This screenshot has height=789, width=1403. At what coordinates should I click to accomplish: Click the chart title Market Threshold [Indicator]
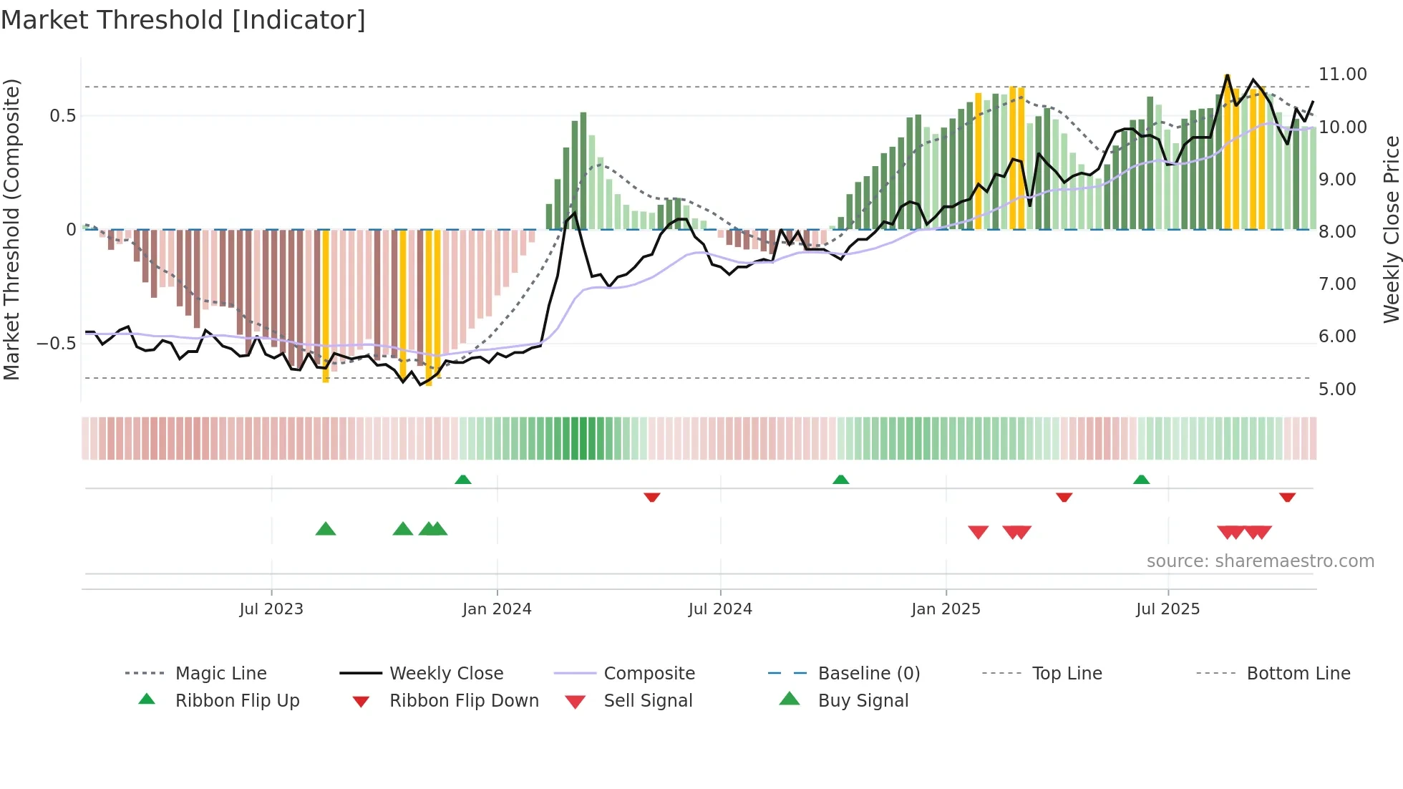(x=183, y=20)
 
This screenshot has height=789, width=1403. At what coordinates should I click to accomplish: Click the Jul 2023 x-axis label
(x=271, y=609)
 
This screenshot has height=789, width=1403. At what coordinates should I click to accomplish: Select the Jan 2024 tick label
(x=497, y=609)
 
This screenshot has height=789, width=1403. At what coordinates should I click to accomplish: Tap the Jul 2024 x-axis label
(x=720, y=609)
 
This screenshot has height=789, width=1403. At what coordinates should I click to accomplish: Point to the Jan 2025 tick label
(x=946, y=609)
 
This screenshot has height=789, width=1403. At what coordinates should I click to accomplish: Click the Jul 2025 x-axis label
(x=1167, y=609)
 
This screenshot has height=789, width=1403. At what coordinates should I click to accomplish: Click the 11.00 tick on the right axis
(x=1342, y=74)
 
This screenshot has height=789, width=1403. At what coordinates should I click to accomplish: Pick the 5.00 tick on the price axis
(x=1337, y=389)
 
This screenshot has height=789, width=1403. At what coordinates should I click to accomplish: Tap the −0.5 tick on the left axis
(x=57, y=344)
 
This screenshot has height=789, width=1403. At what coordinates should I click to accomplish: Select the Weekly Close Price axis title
(x=1391, y=229)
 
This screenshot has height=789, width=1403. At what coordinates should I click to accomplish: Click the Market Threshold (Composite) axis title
(x=11, y=229)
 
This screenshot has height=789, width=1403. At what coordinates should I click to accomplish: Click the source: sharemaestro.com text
(x=1260, y=561)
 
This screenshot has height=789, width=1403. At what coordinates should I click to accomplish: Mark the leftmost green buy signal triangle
(x=326, y=529)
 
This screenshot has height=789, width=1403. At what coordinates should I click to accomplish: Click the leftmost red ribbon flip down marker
(x=651, y=497)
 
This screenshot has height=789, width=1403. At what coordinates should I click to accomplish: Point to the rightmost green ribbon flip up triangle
(x=1141, y=480)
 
